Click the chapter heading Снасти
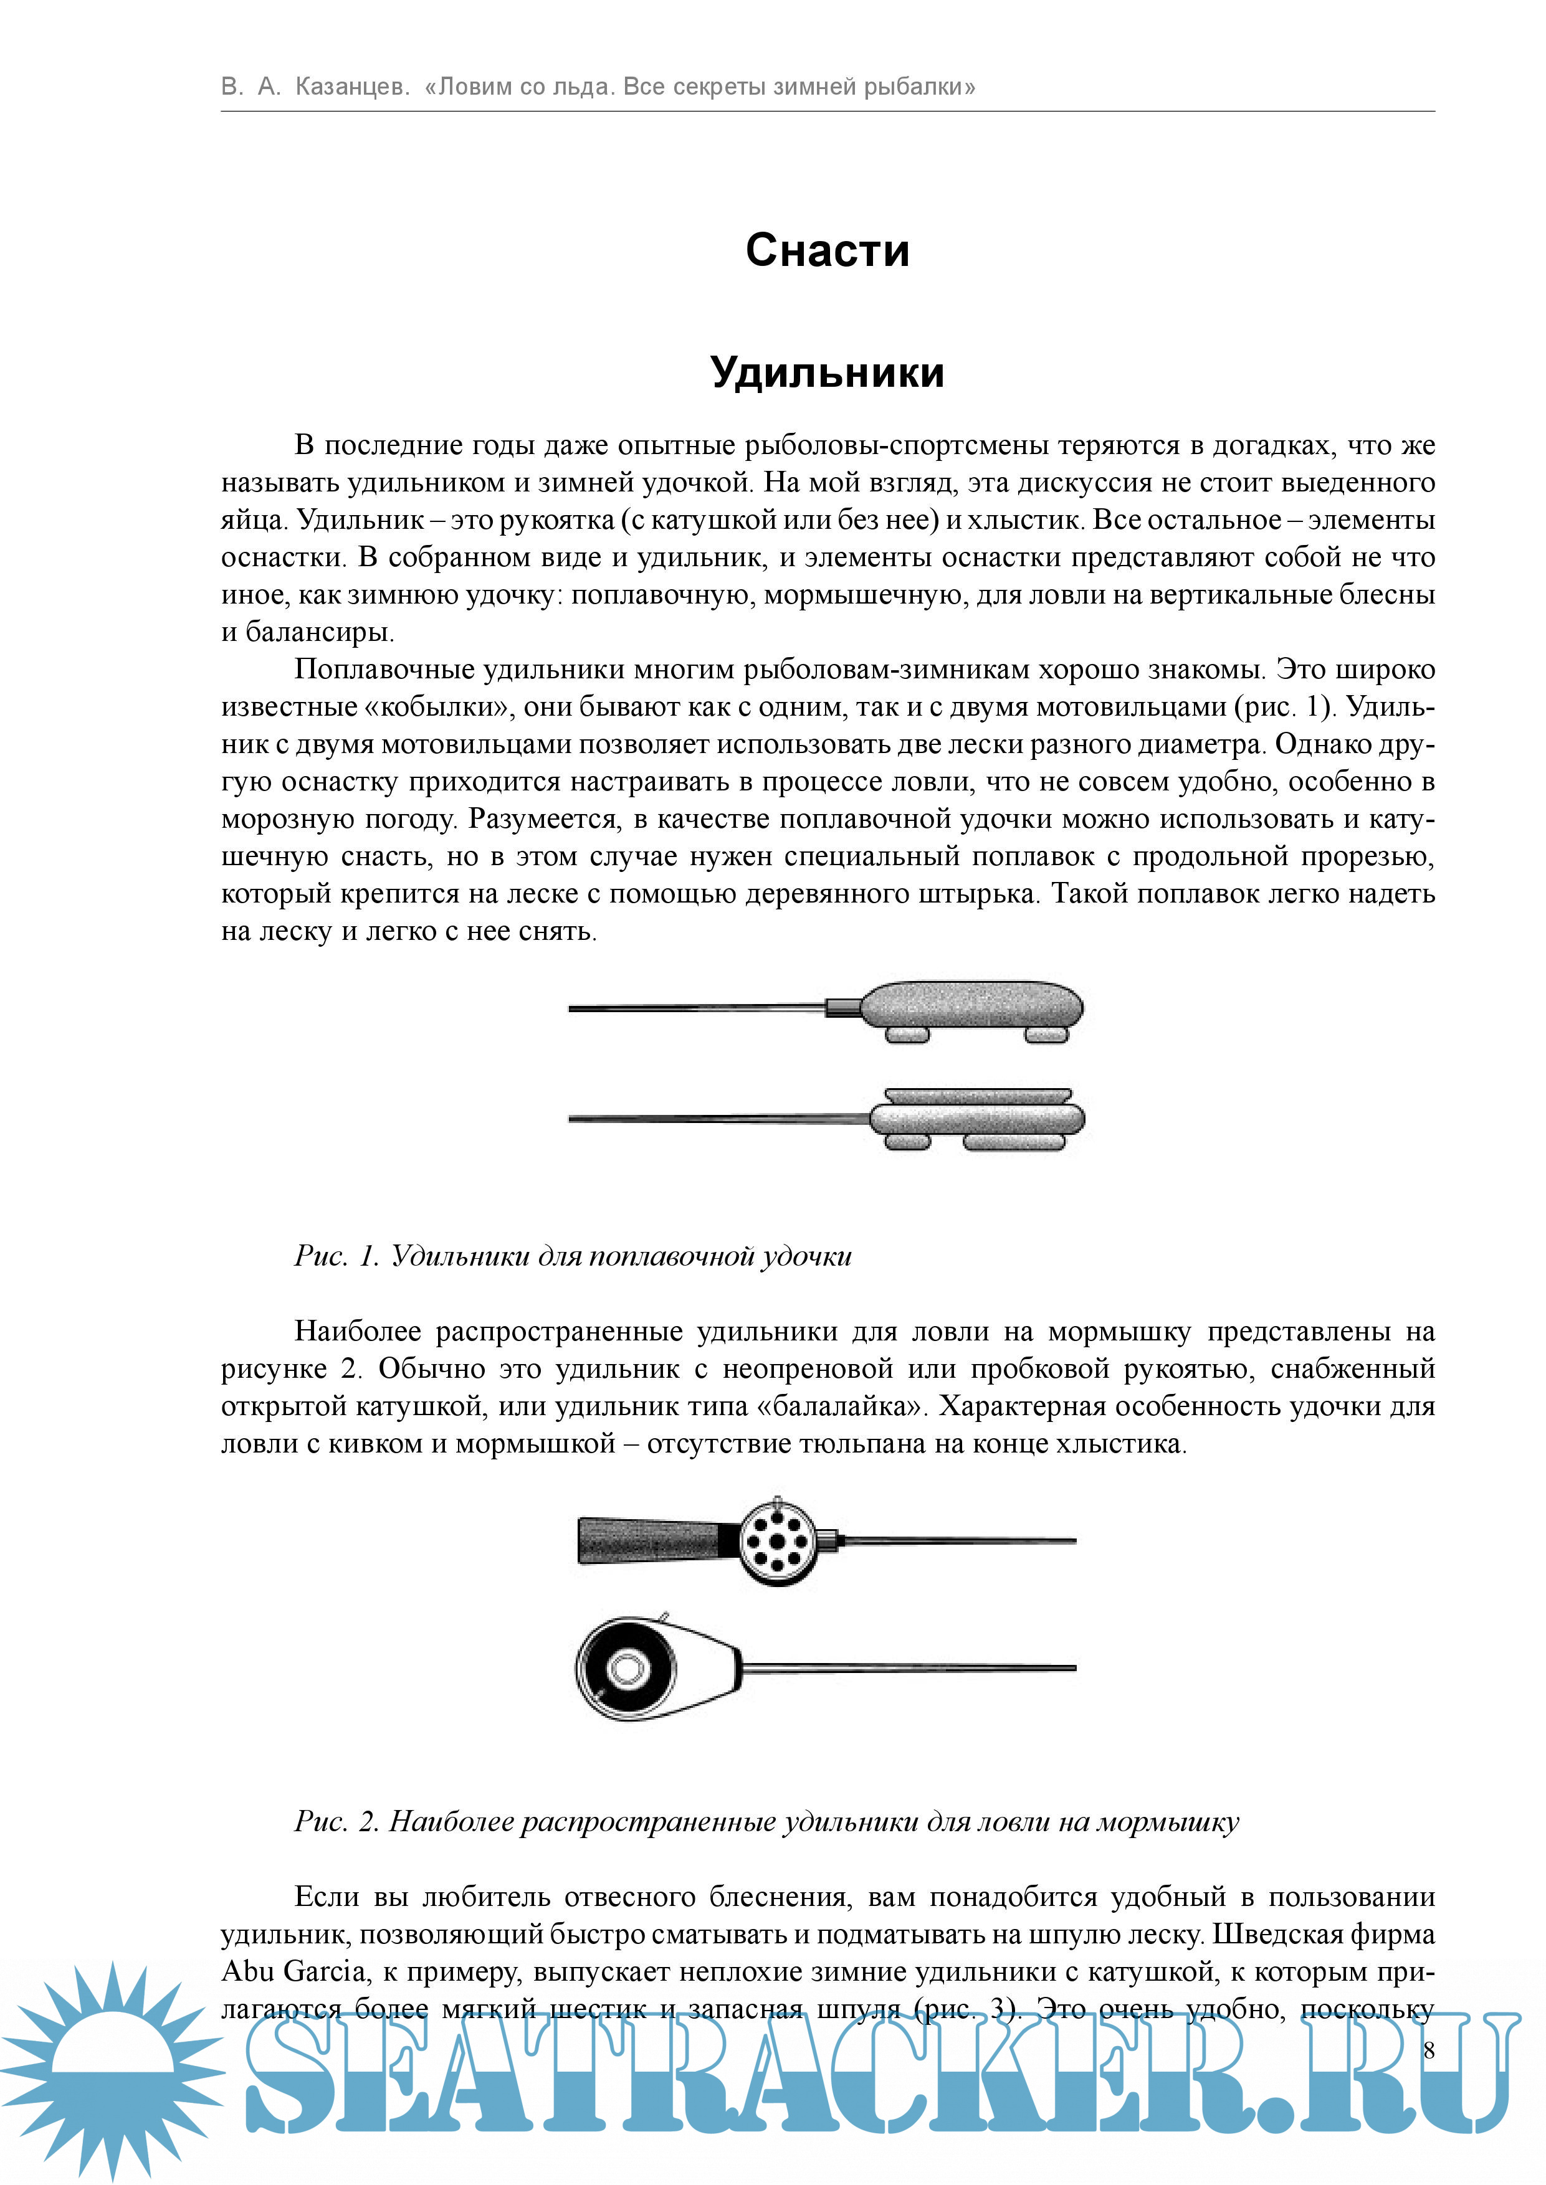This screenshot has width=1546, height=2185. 828,250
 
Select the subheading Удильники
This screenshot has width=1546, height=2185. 828,372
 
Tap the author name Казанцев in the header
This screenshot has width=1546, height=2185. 351,87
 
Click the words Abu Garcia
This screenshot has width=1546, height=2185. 294,1970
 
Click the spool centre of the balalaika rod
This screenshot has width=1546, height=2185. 626,1668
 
